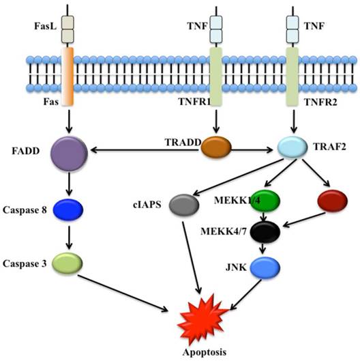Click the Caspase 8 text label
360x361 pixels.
(x=23, y=210)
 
